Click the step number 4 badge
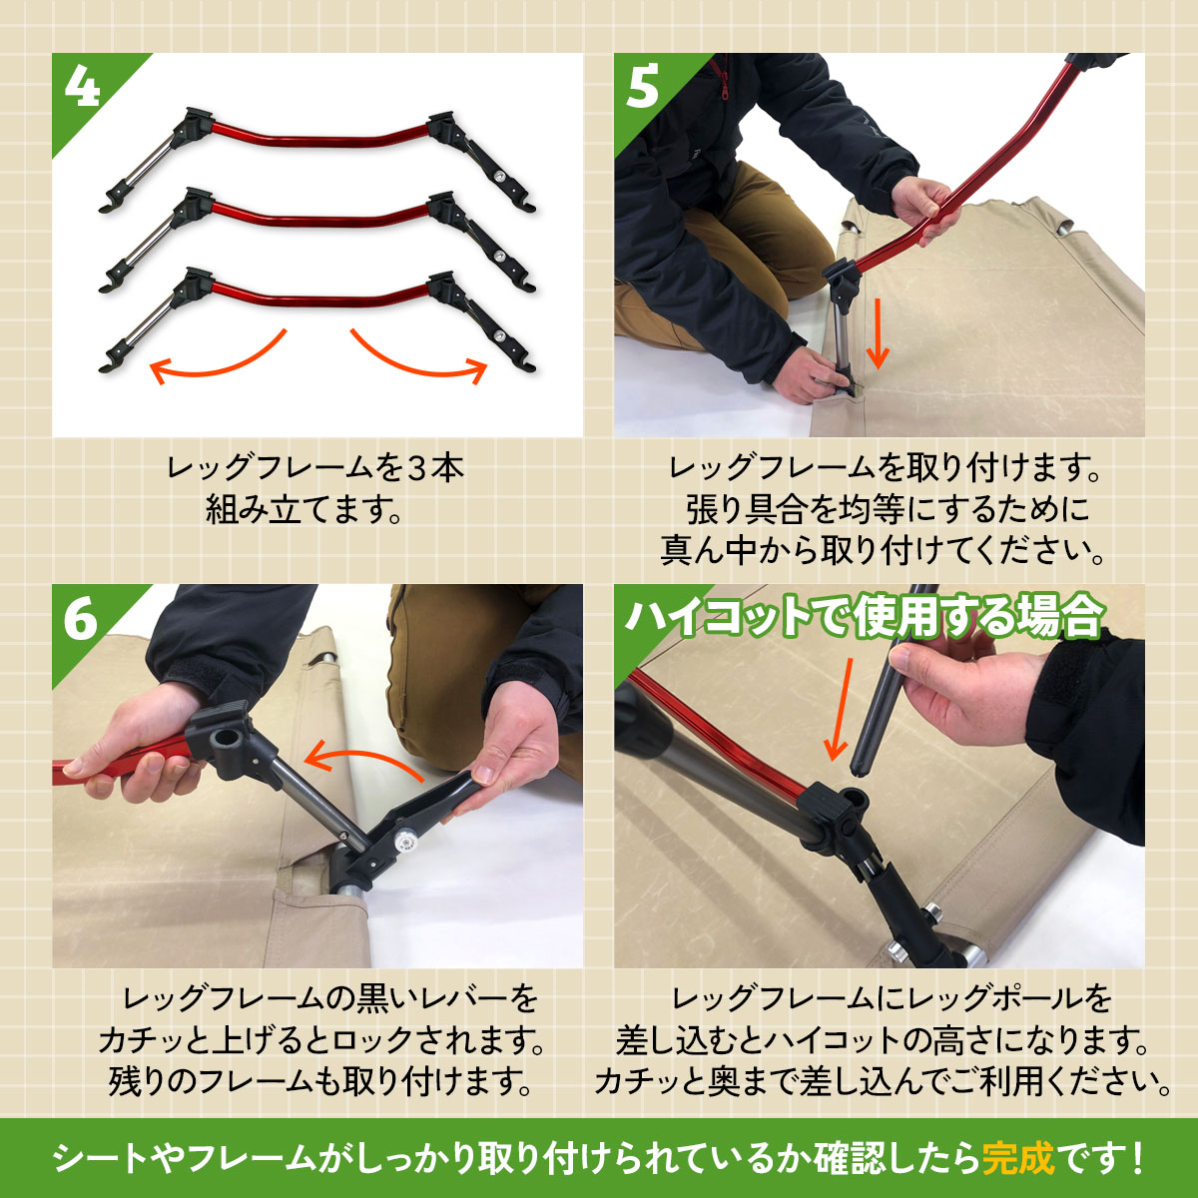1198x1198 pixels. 82,87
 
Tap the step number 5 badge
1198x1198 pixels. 643,87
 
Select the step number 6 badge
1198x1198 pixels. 81,619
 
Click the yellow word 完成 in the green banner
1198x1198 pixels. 1017,1157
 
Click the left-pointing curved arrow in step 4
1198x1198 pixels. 218,357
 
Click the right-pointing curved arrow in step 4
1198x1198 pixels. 418,357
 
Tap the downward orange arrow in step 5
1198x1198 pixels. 878,333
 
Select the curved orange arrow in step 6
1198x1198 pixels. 363,760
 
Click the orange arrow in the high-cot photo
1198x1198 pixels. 841,710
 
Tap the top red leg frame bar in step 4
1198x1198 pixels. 318,136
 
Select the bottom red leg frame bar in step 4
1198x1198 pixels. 318,298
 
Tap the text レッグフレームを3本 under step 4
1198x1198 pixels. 315,468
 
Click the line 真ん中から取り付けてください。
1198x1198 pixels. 882,551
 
